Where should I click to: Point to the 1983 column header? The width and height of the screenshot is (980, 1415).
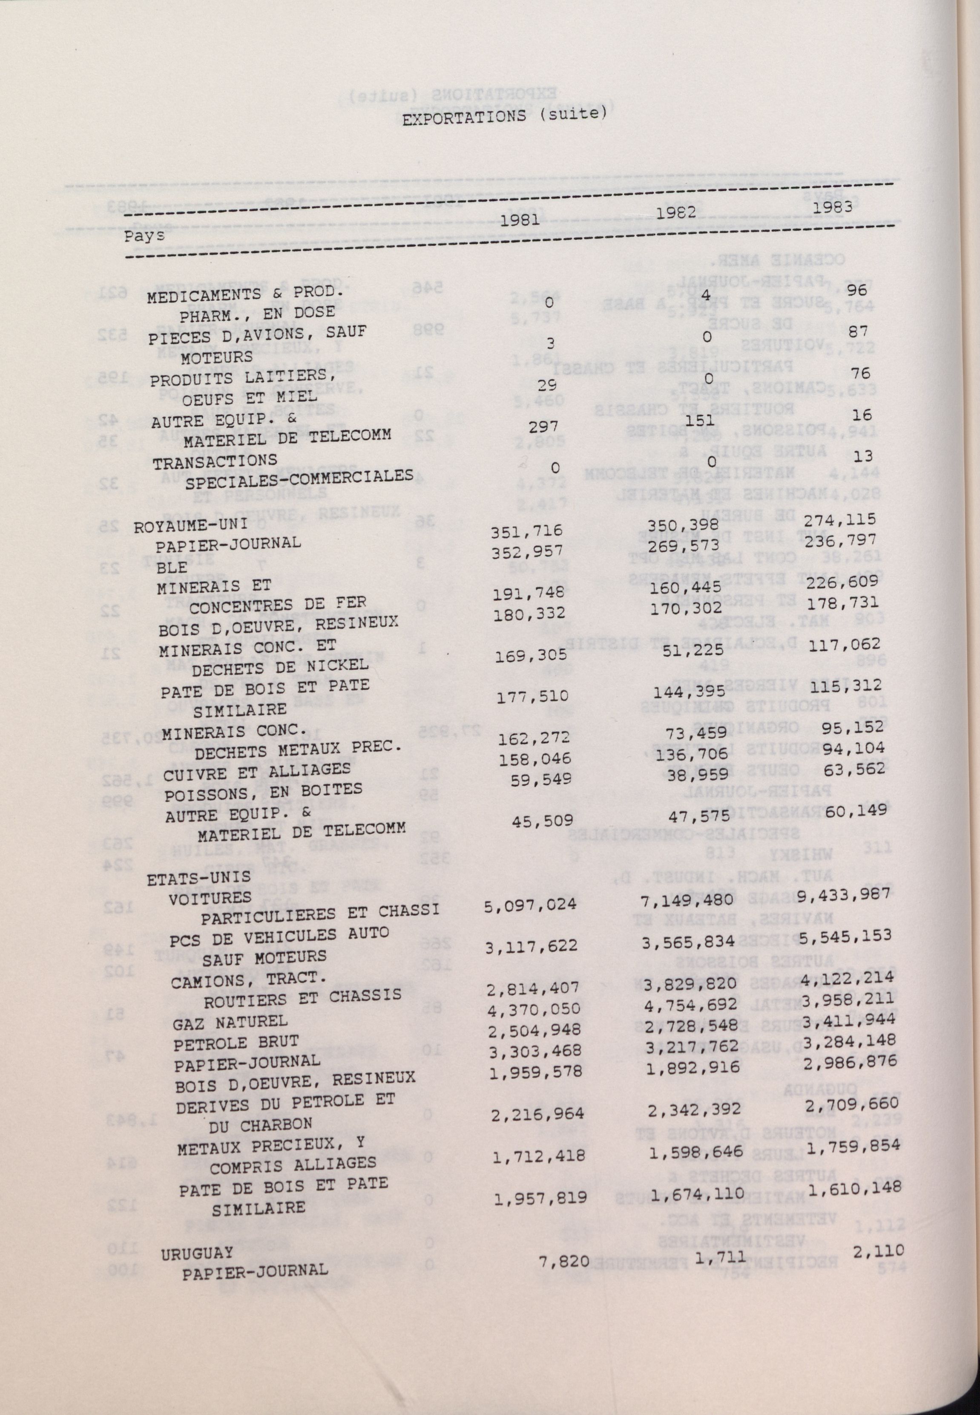click(x=833, y=207)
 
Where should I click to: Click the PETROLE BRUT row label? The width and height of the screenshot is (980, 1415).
click(x=236, y=1043)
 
